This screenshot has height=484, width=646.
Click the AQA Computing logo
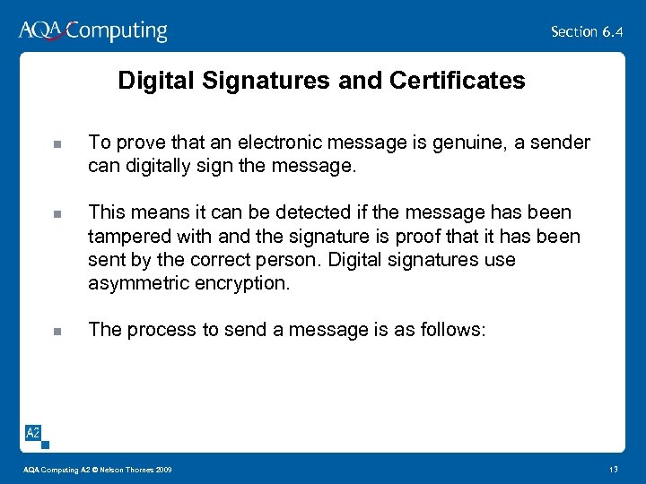[92, 31]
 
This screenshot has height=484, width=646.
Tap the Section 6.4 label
[587, 31]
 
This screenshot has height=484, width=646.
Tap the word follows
[450, 330]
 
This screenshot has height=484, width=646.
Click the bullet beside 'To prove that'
[56, 143]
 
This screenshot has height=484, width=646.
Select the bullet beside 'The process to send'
[56, 331]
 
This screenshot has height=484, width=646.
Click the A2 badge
[32, 434]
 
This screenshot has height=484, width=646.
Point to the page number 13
[614, 471]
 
